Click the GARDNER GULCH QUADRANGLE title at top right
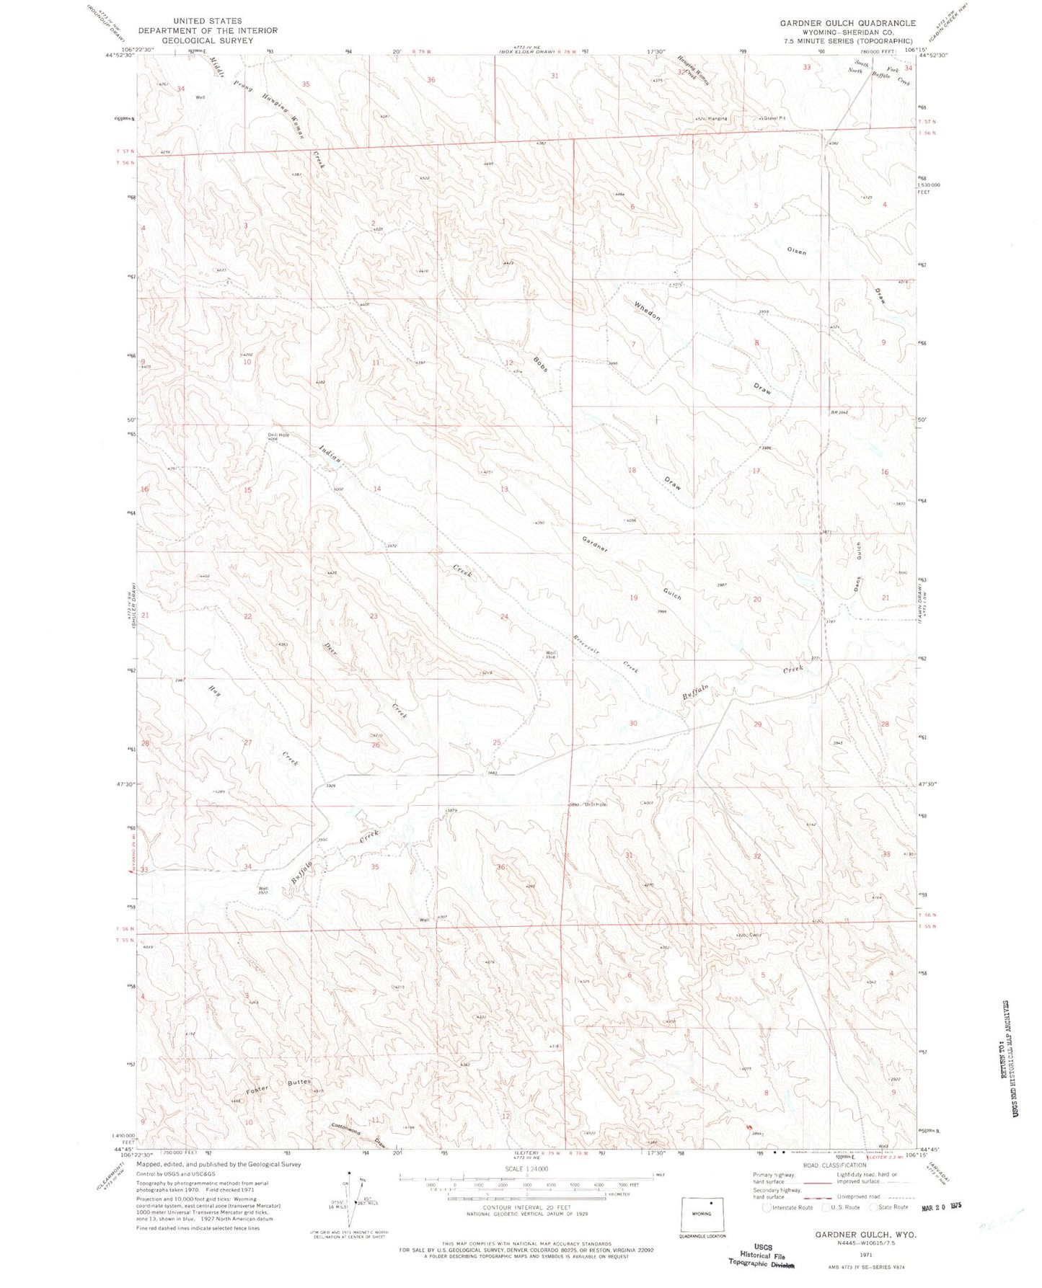[x=847, y=23]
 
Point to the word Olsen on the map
[x=796, y=252]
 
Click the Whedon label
[x=647, y=309]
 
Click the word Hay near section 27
[x=214, y=688]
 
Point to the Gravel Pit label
[x=772, y=118]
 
